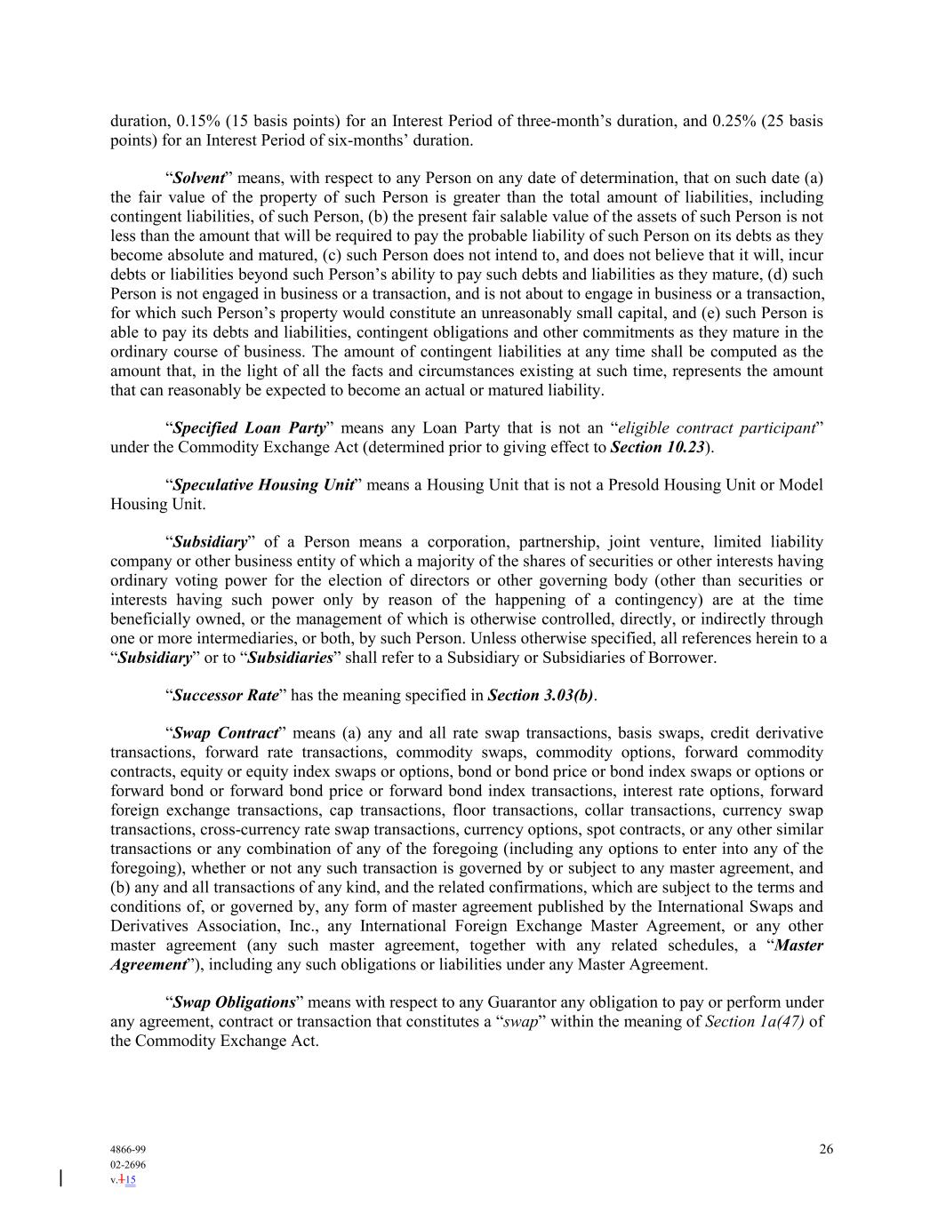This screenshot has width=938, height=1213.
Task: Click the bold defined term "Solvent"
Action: click(x=198, y=178)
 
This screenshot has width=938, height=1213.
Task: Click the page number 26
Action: click(x=826, y=1149)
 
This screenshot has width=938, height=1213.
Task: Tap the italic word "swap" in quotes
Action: click(x=521, y=1022)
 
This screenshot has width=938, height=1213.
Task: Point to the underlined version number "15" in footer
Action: click(x=130, y=1181)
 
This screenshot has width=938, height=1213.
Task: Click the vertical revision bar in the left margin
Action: click(x=60, y=1178)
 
